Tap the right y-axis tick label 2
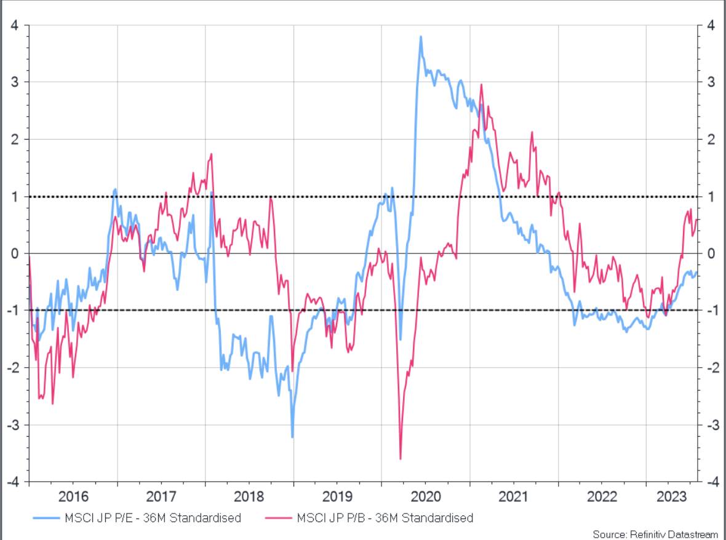pos(711,140)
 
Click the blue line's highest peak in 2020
pos(421,36)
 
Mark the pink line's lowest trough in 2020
pos(401,458)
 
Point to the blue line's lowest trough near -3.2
pos(292,437)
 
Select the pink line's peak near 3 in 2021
pos(481,85)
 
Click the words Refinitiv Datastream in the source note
pos(674,534)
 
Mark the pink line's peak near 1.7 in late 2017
pos(211,154)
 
